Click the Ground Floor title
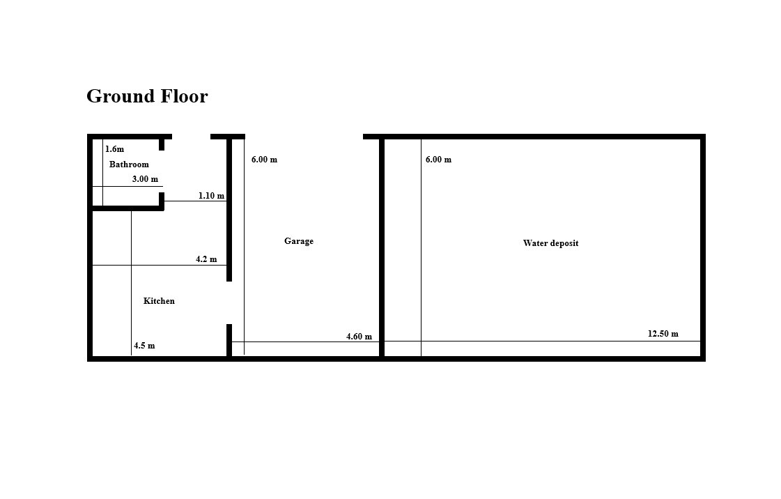147,96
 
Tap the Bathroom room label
129,164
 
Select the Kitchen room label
159,301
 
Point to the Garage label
299,241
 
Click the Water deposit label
550,243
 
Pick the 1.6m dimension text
114,149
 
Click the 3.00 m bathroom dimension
145,179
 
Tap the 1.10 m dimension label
211,196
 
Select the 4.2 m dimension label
206,259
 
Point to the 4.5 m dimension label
144,346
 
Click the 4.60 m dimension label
359,337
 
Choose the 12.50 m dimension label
663,334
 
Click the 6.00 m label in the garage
264,160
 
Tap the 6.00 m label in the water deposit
438,160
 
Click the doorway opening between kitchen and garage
229,302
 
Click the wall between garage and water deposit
382,248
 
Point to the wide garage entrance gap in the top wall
304,137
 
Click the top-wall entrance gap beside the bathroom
192,137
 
